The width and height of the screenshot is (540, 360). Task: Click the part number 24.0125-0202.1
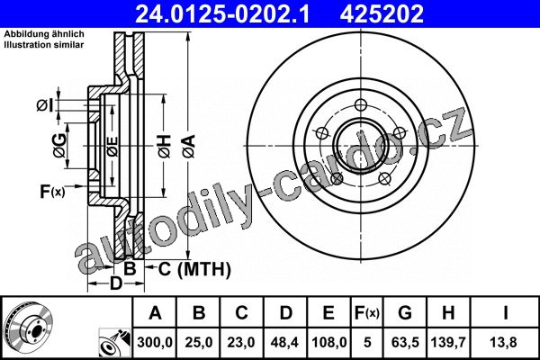click(222, 13)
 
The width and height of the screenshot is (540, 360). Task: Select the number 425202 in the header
click(382, 13)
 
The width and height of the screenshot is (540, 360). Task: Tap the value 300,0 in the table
click(155, 342)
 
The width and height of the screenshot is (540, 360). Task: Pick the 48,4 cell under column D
click(284, 342)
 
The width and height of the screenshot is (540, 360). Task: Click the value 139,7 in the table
click(448, 342)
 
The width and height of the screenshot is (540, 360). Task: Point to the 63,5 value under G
click(405, 342)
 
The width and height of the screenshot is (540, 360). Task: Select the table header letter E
click(328, 312)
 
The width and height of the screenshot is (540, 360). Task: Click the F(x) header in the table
click(367, 313)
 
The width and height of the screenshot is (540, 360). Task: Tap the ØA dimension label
click(189, 147)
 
